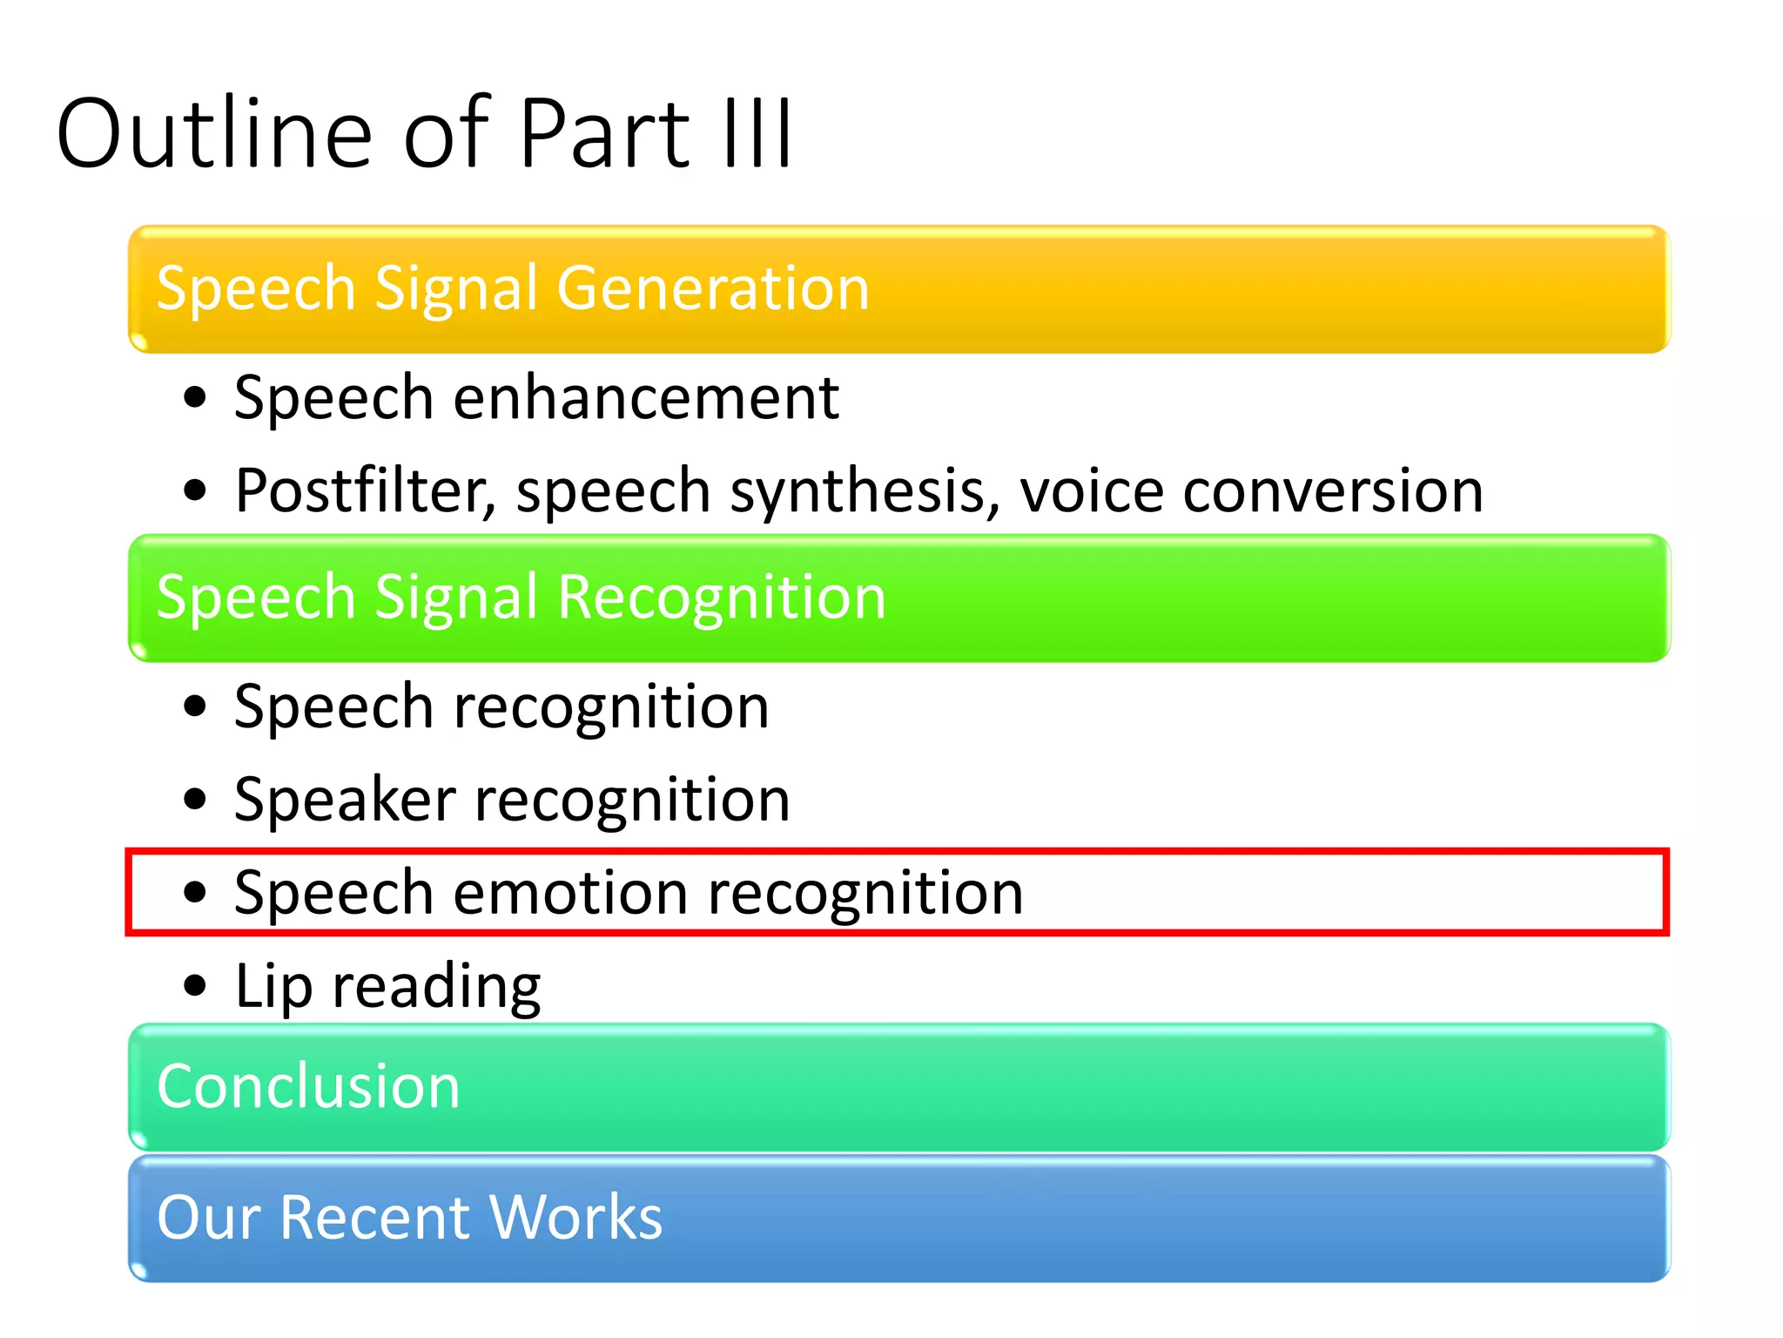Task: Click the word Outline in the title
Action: tap(214, 132)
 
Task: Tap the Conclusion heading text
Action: tap(308, 1086)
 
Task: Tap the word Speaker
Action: tap(345, 800)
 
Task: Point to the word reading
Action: tap(436, 988)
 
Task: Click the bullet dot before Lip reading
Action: tap(196, 986)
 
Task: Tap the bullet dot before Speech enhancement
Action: tap(196, 397)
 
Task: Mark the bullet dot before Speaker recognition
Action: tap(196, 799)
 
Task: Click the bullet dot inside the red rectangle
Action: tap(196, 892)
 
